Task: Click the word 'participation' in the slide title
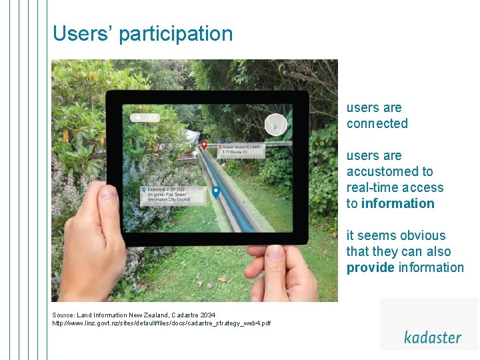[176, 34]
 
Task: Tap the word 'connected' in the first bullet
[377, 123]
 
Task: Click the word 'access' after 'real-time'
[423, 187]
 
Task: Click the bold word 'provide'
[370, 267]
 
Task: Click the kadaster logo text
[432, 337]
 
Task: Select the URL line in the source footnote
[161, 323]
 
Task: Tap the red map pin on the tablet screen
[204, 143]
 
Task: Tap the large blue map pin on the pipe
[216, 193]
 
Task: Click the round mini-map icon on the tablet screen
[275, 125]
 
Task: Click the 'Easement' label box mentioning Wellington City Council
[167, 194]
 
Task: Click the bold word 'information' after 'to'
[397, 203]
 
